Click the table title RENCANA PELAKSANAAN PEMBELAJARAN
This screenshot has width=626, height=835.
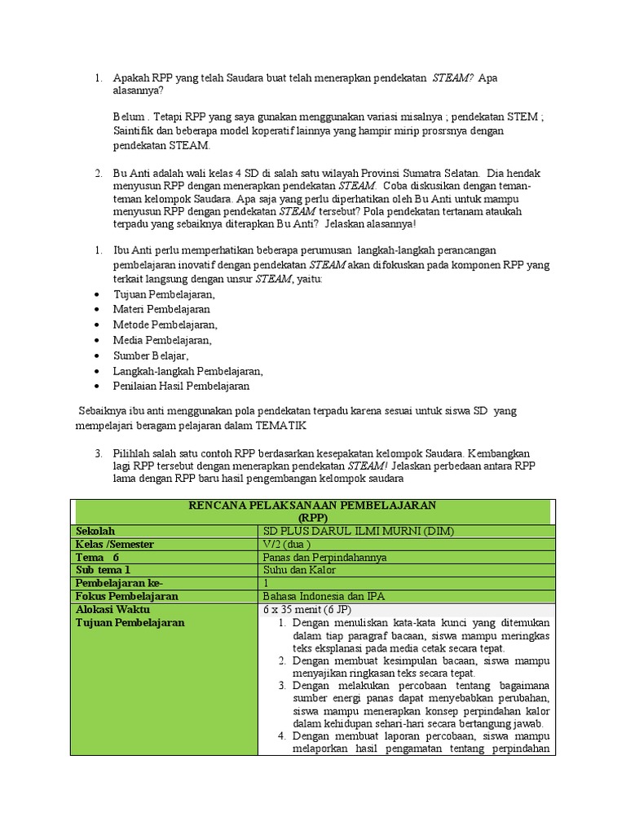(x=312, y=506)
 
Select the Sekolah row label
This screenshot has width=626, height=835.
(x=96, y=531)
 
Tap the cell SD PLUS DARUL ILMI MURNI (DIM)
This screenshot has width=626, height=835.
(x=354, y=531)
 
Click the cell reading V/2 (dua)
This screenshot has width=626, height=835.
(x=285, y=544)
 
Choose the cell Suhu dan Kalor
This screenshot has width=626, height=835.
(x=295, y=570)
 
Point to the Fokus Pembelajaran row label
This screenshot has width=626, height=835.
(x=126, y=596)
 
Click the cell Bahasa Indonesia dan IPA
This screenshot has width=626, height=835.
(x=323, y=596)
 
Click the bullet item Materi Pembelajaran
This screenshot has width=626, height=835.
(x=161, y=309)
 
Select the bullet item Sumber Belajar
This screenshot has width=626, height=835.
(x=151, y=356)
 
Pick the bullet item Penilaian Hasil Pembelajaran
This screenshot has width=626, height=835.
(x=181, y=386)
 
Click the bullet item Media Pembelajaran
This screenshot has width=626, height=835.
(x=162, y=340)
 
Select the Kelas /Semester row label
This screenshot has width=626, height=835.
(x=115, y=544)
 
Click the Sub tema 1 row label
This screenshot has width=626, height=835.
(x=104, y=570)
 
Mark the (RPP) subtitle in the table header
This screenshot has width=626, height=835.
(x=312, y=517)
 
